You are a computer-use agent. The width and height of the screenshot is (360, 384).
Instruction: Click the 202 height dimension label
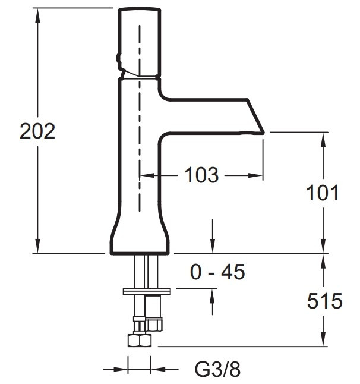pos(37,131)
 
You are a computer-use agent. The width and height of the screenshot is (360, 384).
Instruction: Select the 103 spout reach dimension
pos(201,175)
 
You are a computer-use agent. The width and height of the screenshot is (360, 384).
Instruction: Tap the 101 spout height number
pos(323,193)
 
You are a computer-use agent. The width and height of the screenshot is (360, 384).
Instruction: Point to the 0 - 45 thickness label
pos(217,272)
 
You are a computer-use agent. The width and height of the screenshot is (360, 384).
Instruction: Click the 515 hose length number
pos(325,301)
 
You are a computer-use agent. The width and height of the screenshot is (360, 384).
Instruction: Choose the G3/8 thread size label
pos(217,369)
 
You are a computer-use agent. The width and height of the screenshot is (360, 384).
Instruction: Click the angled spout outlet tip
pos(263,133)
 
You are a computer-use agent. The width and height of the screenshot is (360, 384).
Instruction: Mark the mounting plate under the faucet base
pos(147,292)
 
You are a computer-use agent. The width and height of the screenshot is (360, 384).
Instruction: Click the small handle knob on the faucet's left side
pos(119,59)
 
